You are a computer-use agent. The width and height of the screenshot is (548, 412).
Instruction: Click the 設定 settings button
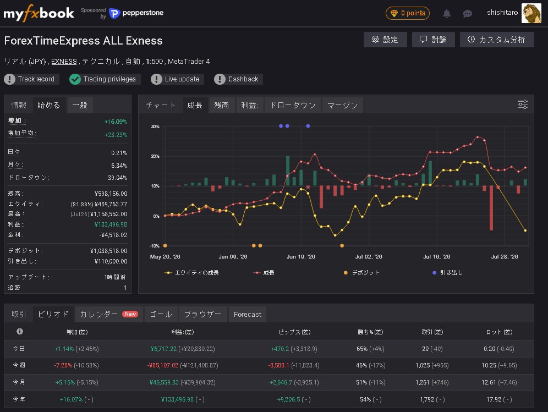coord(385,40)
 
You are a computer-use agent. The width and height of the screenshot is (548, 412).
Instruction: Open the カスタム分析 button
coord(497,40)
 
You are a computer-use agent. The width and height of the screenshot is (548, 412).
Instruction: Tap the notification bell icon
coord(446,13)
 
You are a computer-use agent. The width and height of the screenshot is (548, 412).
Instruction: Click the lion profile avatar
coord(531,13)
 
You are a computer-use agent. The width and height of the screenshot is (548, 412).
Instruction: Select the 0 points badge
coord(408,13)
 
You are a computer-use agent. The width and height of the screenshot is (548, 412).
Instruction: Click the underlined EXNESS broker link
coord(64,62)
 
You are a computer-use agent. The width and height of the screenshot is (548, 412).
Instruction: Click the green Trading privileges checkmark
coord(75,79)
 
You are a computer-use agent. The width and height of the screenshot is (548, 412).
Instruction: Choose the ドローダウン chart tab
coord(293,105)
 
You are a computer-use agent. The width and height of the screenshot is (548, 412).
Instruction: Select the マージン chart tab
coord(342,105)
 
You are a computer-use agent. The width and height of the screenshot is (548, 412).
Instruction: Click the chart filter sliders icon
coord(523,104)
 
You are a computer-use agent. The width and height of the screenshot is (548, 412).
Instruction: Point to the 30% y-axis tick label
coord(155,127)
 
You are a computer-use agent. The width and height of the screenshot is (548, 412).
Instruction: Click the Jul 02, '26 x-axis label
coord(369,256)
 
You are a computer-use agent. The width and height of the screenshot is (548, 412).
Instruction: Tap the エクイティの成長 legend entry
coord(191,273)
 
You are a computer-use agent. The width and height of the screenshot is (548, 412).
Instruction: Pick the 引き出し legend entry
coord(448,273)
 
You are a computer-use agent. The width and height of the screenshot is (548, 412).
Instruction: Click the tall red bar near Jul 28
coord(491,208)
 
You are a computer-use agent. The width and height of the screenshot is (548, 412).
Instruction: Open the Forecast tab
coord(248,314)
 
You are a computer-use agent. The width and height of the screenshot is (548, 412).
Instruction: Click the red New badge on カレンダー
coord(130,314)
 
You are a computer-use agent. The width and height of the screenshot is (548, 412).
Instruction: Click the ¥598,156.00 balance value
coord(111,194)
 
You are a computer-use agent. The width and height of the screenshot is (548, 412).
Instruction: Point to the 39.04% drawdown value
coord(117,178)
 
